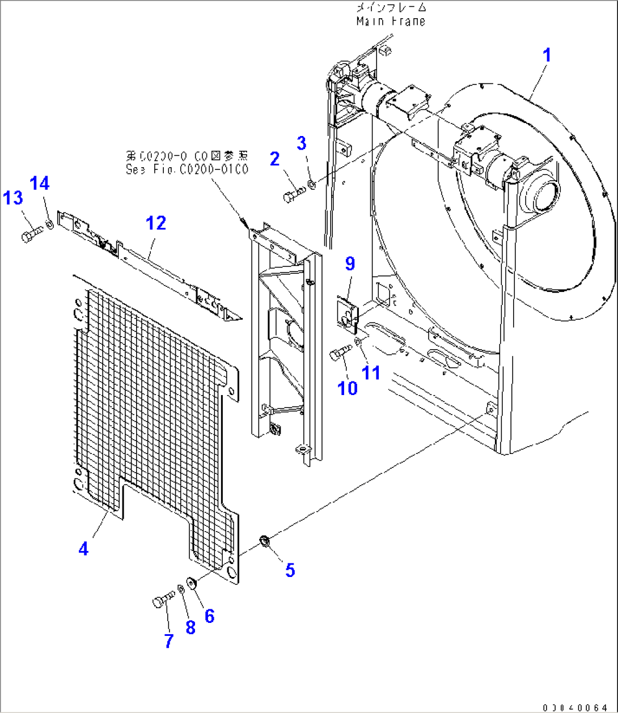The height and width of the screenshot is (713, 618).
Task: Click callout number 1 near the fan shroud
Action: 547,56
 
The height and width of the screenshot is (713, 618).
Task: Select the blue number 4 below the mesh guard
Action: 83,549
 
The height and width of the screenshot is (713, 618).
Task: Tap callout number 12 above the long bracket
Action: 156,223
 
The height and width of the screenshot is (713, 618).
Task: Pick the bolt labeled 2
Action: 293,193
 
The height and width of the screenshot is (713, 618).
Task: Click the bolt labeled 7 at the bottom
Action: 163,600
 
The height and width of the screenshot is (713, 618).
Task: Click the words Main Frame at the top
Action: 391,22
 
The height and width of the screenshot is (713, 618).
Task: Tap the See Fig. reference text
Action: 187,169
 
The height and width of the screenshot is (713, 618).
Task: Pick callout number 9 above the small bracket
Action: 350,263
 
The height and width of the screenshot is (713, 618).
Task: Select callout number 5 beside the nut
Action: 290,570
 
